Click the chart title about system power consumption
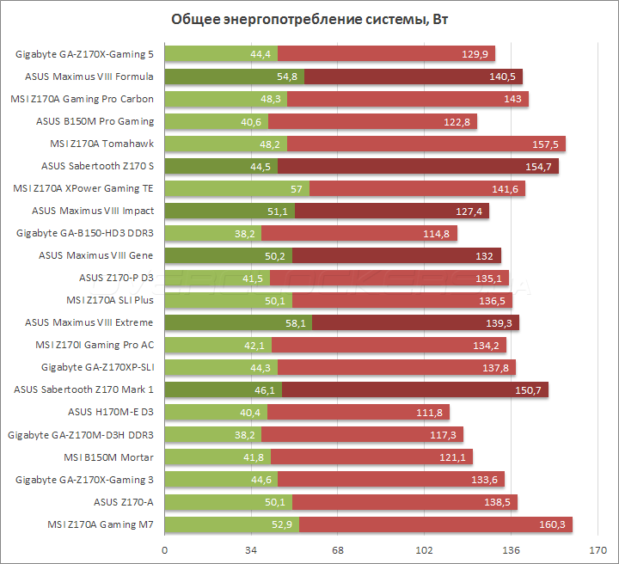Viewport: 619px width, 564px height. tap(309, 20)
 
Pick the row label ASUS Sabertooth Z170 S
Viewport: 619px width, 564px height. tap(98, 166)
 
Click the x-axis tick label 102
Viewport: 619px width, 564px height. tap(424, 550)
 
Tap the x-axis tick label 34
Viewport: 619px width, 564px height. tap(250, 550)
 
